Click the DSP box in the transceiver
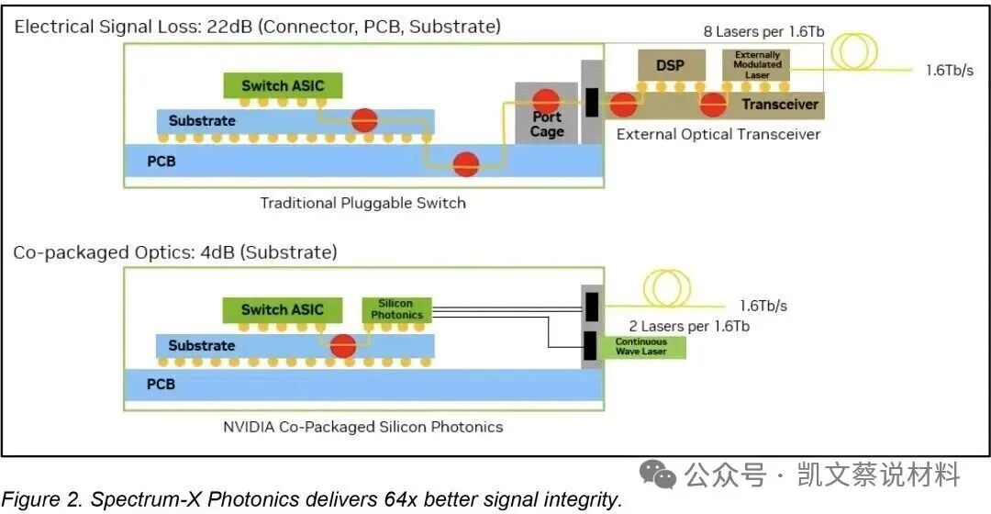[671, 65]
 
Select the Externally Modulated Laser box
[756, 65]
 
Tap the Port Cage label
[547, 124]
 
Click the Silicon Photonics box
[397, 309]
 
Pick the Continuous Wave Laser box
[642, 346]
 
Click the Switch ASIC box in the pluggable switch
[284, 85]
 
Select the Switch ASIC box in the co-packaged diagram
[283, 310]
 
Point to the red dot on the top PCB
[466, 163]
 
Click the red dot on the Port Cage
[545, 101]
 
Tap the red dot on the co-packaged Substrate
[343, 346]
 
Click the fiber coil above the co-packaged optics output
[666, 288]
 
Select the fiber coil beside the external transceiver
[854, 50]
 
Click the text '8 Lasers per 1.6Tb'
[763, 31]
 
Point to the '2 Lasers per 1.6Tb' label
[689, 326]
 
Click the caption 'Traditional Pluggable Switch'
[362, 203]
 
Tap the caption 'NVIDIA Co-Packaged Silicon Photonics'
[362, 427]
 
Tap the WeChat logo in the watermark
[657, 475]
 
